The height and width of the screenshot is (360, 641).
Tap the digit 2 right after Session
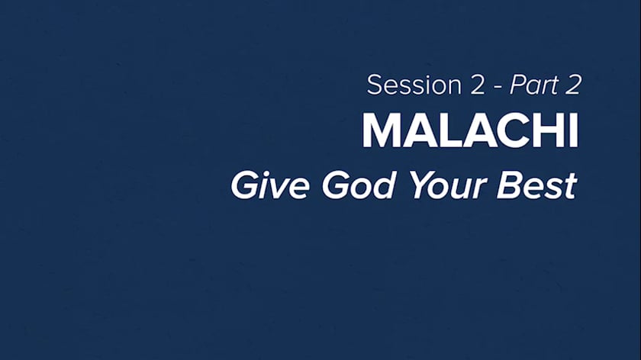[476, 85]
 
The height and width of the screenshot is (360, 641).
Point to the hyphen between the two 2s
[498, 88]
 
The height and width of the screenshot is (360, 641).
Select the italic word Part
[534, 85]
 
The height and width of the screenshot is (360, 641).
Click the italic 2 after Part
[573, 85]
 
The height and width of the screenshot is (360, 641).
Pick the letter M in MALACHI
[383, 130]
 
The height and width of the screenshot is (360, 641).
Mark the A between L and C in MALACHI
[482, 130]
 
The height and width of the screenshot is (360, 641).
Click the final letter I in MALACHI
[574, 130]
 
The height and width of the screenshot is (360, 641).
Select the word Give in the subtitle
[270, 185]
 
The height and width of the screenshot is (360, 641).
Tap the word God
[359, 185]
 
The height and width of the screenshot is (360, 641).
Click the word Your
[448, 185]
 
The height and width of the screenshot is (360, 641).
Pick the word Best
[536, 185]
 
